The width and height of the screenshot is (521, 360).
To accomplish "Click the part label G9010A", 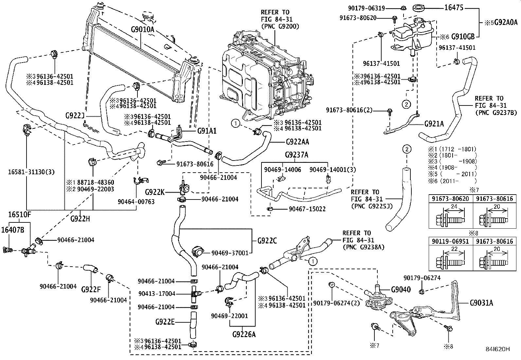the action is point(143,29).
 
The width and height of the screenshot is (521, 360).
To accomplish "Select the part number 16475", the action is point(454,8).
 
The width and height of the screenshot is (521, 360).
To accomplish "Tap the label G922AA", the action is point(297,142).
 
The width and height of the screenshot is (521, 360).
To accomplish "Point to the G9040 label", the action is point(401,290).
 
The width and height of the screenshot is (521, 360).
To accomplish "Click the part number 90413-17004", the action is point(157,294).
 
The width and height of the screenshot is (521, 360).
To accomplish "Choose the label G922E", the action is point(165,322).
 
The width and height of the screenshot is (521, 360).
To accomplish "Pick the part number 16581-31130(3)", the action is point(31,172).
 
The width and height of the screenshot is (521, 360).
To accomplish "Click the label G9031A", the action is point(481,303).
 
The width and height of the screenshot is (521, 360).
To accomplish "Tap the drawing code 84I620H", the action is point(497,349).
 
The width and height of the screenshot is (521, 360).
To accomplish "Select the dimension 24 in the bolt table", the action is point(454,207).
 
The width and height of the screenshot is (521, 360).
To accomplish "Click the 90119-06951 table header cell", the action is point(450,241).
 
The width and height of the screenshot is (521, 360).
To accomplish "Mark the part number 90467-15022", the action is point(307,209).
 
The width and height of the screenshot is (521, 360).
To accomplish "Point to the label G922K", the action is point(155,192).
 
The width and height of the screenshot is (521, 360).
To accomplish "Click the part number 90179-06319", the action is point(366,8).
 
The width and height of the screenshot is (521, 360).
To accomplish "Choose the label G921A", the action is point(434,124).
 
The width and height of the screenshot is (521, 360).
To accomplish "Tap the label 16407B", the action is point(12,230).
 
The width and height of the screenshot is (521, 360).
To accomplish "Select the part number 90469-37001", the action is point(230,253).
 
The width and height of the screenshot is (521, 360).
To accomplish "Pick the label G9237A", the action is point(296,155).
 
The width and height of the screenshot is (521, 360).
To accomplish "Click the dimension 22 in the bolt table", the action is point(454,249).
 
